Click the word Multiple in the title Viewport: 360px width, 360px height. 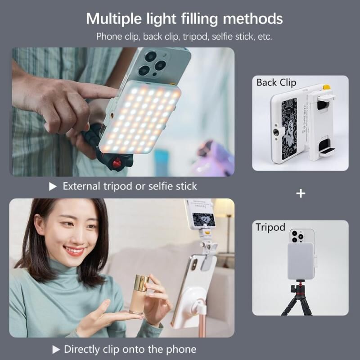[x=114, y=19]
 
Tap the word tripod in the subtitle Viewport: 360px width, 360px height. [x=195, y=37]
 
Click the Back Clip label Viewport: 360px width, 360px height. [x=276, y=83]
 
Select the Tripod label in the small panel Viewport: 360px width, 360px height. [x=270, y=228]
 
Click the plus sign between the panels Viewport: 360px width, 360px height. [x=301, y=193]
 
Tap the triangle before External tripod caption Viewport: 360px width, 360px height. [x=53, y=187]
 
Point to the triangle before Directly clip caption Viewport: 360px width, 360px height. [x=56, y=350]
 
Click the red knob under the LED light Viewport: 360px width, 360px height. [x=117, y=163]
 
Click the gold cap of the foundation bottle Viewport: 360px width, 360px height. [x=141, y=283]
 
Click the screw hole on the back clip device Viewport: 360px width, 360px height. [x=275, y=131]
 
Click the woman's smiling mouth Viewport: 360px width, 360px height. [x=74, y=251]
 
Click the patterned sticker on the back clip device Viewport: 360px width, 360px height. [x=289, y=129]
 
